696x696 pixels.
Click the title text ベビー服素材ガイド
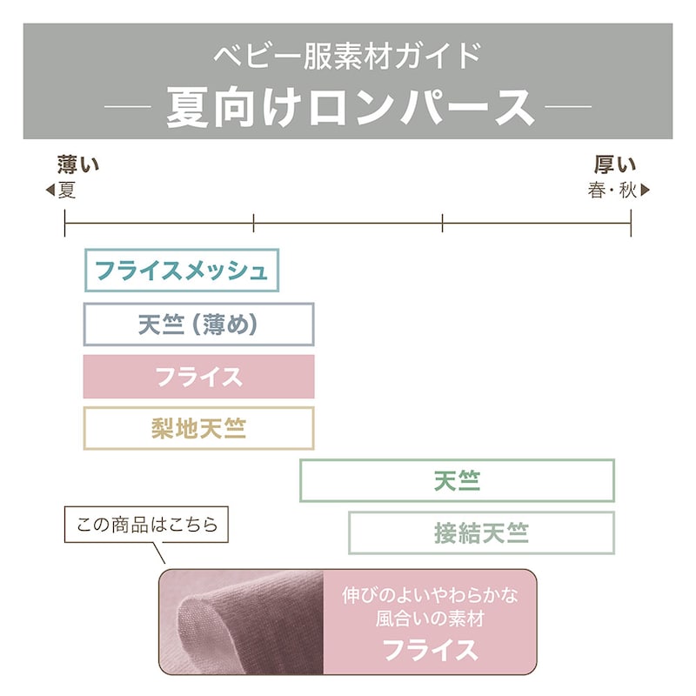347,56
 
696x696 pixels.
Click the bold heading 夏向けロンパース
351,107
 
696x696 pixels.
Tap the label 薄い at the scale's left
78,164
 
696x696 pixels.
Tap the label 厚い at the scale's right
615,164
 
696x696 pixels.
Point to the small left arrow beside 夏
50,191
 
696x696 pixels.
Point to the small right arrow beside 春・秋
645,191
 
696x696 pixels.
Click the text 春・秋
612,191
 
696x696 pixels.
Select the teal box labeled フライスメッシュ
182,271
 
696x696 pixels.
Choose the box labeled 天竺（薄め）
199,325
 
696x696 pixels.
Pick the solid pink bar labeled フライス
199,377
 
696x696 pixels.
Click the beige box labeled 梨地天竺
199,428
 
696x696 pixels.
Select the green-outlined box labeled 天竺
458,481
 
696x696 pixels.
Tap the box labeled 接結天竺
482,532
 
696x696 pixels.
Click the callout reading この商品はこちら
146,525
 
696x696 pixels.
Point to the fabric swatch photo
242,621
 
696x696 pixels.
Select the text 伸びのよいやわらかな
430,595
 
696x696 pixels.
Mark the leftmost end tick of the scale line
64,223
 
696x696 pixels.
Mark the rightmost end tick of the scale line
631,223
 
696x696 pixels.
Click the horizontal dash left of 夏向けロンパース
127,107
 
